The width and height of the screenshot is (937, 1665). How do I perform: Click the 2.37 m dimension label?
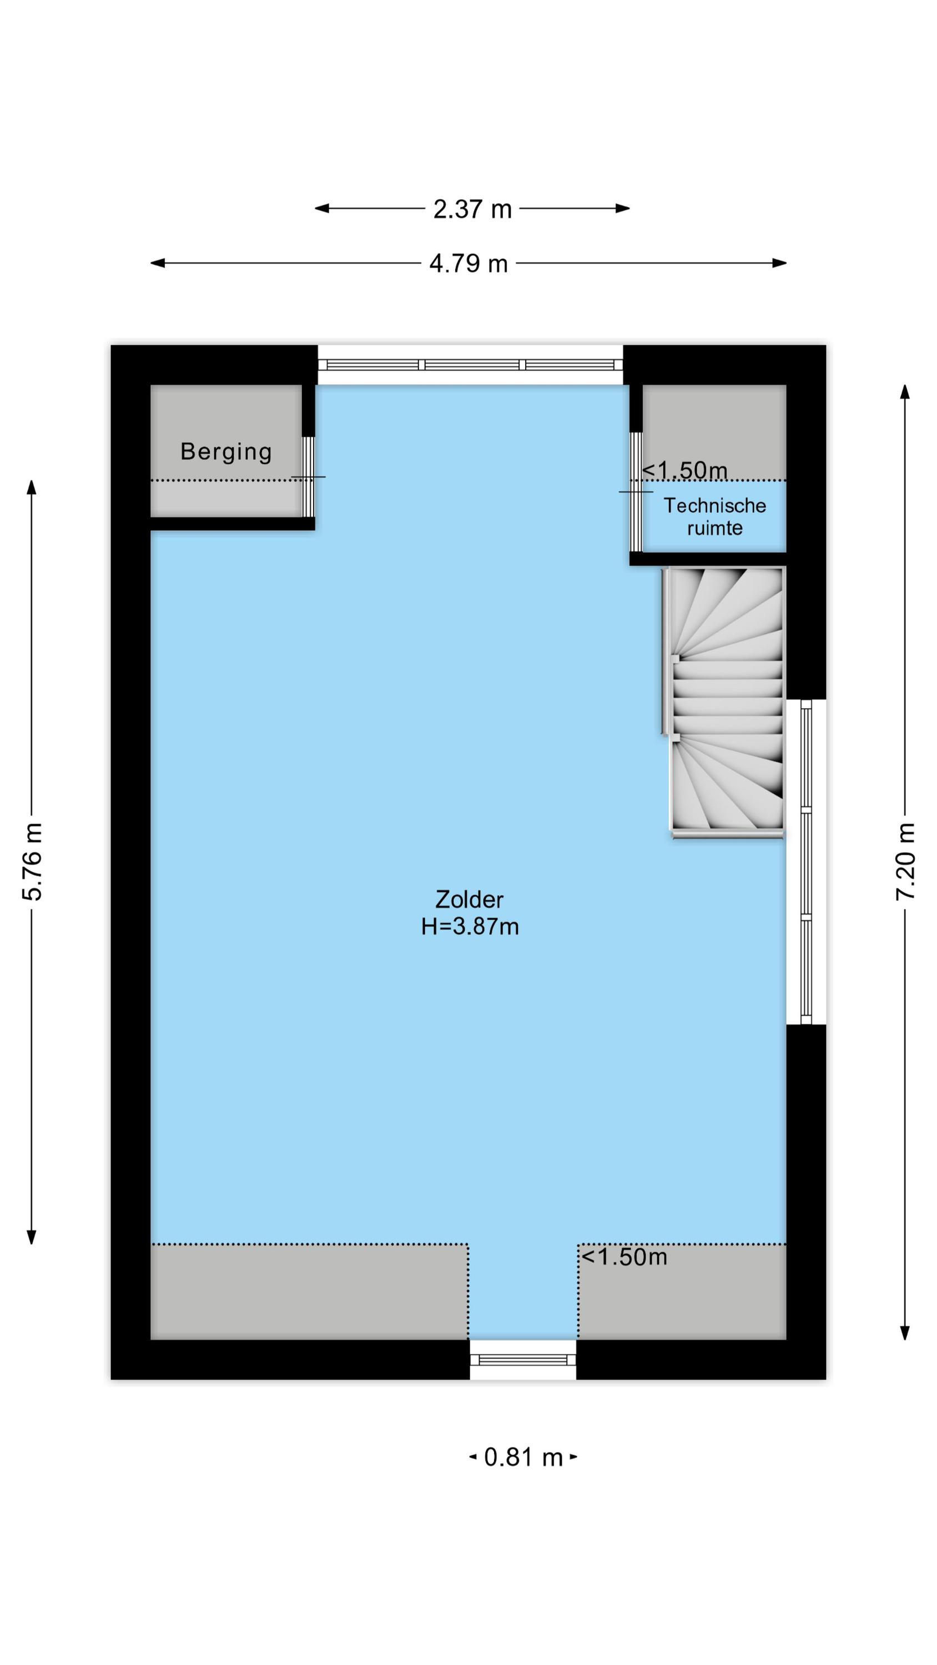[472, 209]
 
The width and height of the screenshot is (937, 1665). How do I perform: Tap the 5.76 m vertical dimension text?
[32, 861]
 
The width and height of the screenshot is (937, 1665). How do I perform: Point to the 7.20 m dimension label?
[905, 861]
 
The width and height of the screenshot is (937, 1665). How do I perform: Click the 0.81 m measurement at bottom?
[522, 1457]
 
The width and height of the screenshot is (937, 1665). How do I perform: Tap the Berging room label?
[226, 451]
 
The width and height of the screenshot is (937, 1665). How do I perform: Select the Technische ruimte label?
[714, 517]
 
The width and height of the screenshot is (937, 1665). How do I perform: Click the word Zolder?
[469, 899]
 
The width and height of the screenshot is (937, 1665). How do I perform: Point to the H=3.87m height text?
[470, 927]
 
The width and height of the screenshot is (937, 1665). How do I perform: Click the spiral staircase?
[727, 702]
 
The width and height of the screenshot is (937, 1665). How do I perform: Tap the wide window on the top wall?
[471, 365]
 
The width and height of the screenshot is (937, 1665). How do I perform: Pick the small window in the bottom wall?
[522, 1360]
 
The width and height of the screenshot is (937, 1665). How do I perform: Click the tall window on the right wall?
[806, 861]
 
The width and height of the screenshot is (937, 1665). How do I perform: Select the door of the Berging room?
[309, 476]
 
